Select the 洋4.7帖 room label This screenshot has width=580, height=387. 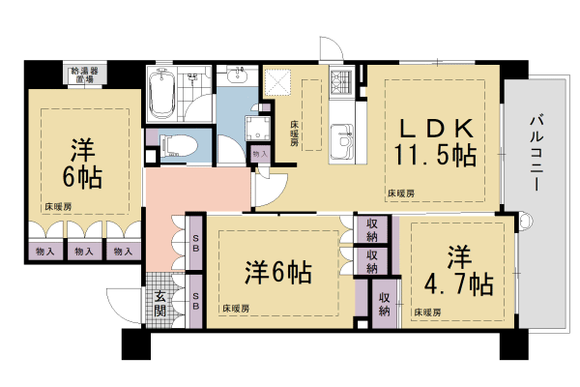pyautogui.click(x=456, y=270)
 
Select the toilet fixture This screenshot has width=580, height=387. pyautogui.click(x=177, y=145)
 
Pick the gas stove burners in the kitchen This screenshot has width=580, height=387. pyautogui.click(x=342, y=84)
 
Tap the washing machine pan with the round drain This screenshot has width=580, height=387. pyautogui.click(x=260, y=130)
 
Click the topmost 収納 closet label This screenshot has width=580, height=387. pyautogui.click(x=372, y=228)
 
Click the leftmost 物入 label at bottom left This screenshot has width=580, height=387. pyautogui.click(x=43, y=252)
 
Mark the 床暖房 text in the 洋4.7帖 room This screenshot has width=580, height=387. pyautogui.click(x=426, y=312)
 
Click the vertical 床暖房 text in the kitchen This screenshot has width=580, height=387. pyautogui.click(x=292, y=131)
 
